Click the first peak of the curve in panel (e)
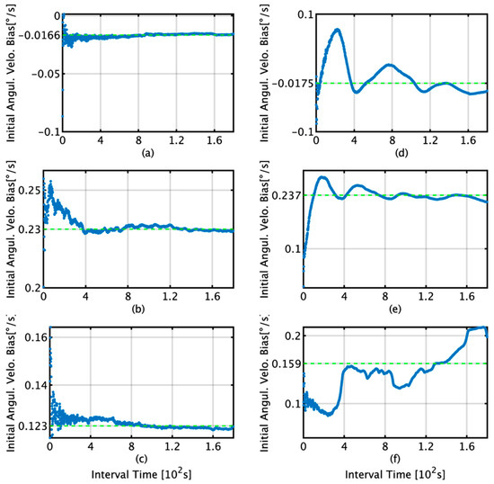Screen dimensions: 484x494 (x=322, y=177)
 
